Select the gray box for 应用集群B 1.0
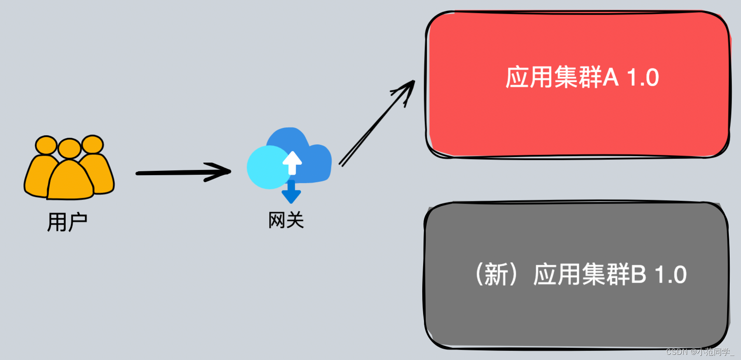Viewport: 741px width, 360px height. click(576, 313)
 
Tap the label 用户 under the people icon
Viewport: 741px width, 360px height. click(67, 222)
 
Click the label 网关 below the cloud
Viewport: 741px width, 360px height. click(286, 220)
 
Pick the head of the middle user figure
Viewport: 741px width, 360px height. click(70, 148)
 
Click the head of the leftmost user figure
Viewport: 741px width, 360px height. click(46, 145)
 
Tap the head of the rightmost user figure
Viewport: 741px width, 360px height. click(93, 144)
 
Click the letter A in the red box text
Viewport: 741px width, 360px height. click(611, 77)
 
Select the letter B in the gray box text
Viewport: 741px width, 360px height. click(638, 274)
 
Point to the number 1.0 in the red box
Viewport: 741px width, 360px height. click(643, 78)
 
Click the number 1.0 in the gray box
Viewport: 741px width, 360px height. click(671, 275)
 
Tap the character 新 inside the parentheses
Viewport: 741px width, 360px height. click(496, 274)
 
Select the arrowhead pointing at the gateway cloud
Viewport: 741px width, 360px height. click(220, 172)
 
